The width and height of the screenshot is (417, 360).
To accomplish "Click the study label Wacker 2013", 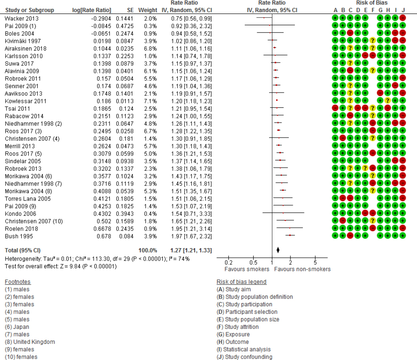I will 19,18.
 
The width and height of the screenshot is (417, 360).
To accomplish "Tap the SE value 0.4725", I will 124,26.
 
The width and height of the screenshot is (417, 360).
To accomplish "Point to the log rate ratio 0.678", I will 103,236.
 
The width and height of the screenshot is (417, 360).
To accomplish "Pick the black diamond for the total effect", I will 278,251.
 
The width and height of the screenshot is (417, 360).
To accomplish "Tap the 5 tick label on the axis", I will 315,262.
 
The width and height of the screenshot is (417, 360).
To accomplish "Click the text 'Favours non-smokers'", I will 302,269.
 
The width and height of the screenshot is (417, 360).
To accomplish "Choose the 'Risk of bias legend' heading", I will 241,282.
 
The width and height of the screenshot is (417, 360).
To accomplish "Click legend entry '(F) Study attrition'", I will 238,327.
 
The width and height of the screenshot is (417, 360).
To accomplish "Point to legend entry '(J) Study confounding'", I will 244,357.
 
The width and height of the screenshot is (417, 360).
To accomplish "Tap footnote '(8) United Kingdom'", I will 30,342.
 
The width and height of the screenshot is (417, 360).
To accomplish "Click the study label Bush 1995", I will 16,236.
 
